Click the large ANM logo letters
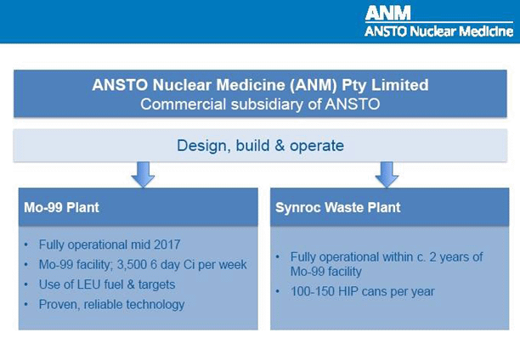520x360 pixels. point(387,13)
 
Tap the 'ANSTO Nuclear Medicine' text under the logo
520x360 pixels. point(438,31)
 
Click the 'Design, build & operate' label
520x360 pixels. point(260,145)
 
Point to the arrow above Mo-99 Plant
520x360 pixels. point(144,174)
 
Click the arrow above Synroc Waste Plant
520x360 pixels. point(387,174)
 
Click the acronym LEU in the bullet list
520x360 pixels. point(93,284)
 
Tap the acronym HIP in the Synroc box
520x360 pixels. point(355,291)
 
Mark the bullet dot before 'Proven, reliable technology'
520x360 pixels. point(29,304)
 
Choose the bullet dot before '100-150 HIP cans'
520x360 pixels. point(280,291)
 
